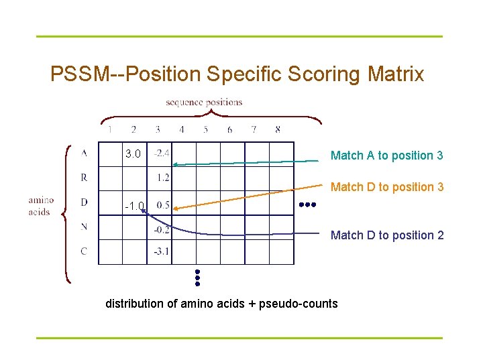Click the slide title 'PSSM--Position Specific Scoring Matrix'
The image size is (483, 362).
pos(237,74)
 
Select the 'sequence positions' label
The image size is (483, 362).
pos(204,103)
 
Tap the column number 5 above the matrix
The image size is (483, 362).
pos(206,129)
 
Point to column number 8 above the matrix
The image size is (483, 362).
pos(278,129)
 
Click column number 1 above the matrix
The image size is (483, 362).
pos(110,129)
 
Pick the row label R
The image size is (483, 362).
pos(84,178)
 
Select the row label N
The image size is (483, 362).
pos(84,227)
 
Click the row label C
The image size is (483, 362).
pos(84,251)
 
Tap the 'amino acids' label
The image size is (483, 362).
pos(41,206)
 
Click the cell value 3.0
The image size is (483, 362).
pos(133,154)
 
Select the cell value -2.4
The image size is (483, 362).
pos(161,154)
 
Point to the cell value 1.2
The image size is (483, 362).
pos(163,178)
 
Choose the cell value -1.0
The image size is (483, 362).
pos(134,206)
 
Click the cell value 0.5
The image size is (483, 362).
pos(163,205)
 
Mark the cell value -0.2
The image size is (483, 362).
pos(161,229)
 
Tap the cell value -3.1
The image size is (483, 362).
pos(161,252)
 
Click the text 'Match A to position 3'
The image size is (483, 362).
pos(386,156)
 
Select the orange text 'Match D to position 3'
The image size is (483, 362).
pos(387,187)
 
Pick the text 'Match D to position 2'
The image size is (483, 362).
pos(387,235)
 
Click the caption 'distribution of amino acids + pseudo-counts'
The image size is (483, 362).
pos(221,304)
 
